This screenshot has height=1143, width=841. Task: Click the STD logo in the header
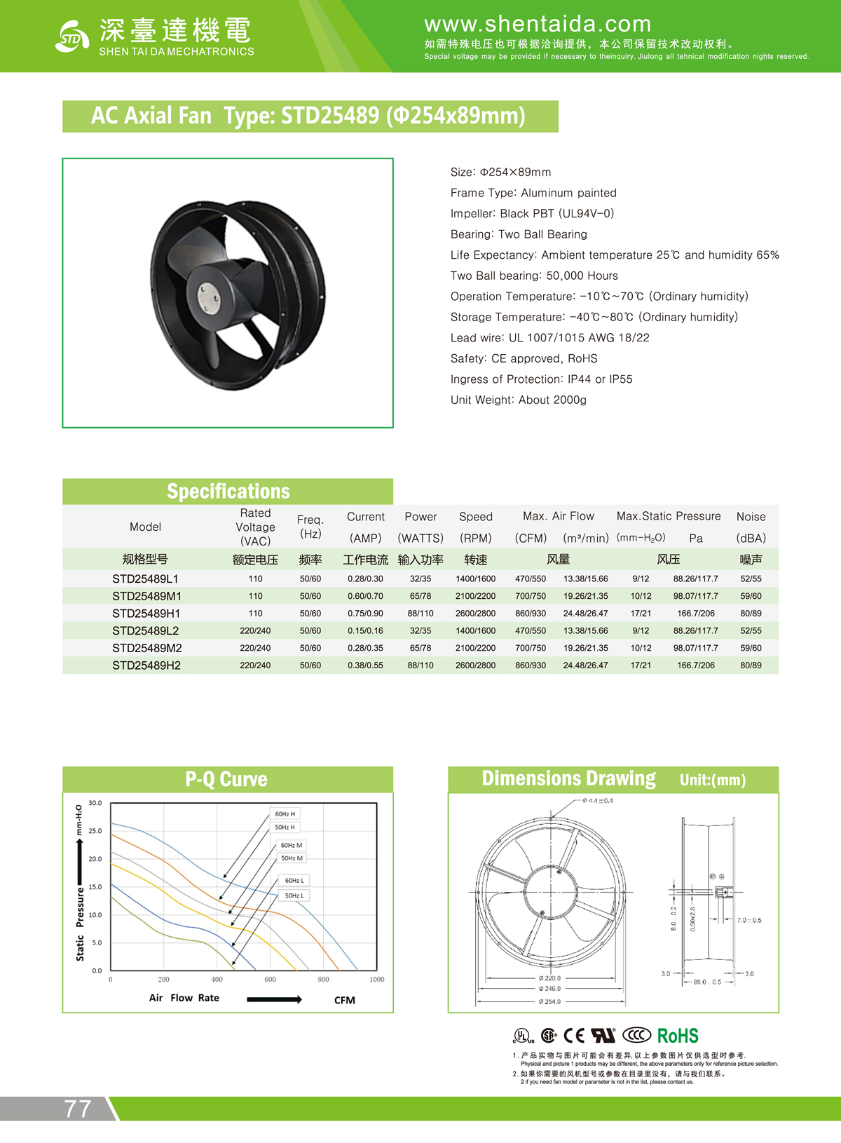tap(71, 37)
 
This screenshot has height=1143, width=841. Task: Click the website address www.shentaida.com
tap(538, 25)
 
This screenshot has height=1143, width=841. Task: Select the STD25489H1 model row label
tap(146, 614)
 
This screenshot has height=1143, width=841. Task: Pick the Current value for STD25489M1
tap(365, 596)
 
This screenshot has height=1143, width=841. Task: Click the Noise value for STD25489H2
tap(751, 665)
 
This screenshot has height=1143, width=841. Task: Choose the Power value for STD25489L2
tap(420, 631)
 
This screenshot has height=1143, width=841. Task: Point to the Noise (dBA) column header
tap(751, 527)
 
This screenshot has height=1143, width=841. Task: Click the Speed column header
tap(476, 517)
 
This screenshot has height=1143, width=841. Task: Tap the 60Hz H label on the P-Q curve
tap(285, 814)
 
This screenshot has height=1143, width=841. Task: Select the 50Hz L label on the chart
tap(294, 895)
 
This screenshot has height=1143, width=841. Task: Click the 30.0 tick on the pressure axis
tap(95, 803)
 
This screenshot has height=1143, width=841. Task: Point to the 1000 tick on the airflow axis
tap(376, 980)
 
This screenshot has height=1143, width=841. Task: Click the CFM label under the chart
tap(344, 1000)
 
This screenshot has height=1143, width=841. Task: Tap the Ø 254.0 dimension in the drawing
tap(550, 1001)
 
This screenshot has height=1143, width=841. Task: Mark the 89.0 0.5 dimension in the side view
tap(706, 982)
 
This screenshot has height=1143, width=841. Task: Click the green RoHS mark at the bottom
tap(678, 1036)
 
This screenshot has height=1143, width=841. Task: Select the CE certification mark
tap(574, 1036)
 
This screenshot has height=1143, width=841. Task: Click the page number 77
tap(78, 1109)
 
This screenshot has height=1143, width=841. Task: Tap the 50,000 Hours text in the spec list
tap(582, 276)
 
